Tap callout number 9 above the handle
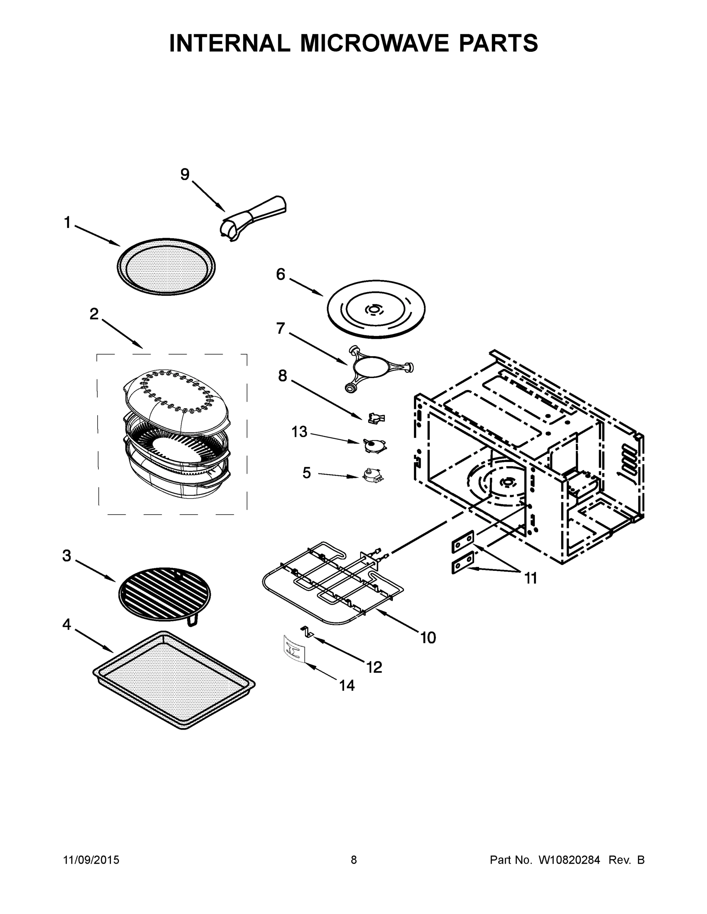[185, 174]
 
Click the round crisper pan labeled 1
[166, 267]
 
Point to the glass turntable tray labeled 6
[376, 309]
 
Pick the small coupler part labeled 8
[376, 418]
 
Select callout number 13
[300, 431]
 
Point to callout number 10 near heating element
[428, 638]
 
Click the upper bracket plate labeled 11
[463, 543]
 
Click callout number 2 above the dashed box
[94, 314]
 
